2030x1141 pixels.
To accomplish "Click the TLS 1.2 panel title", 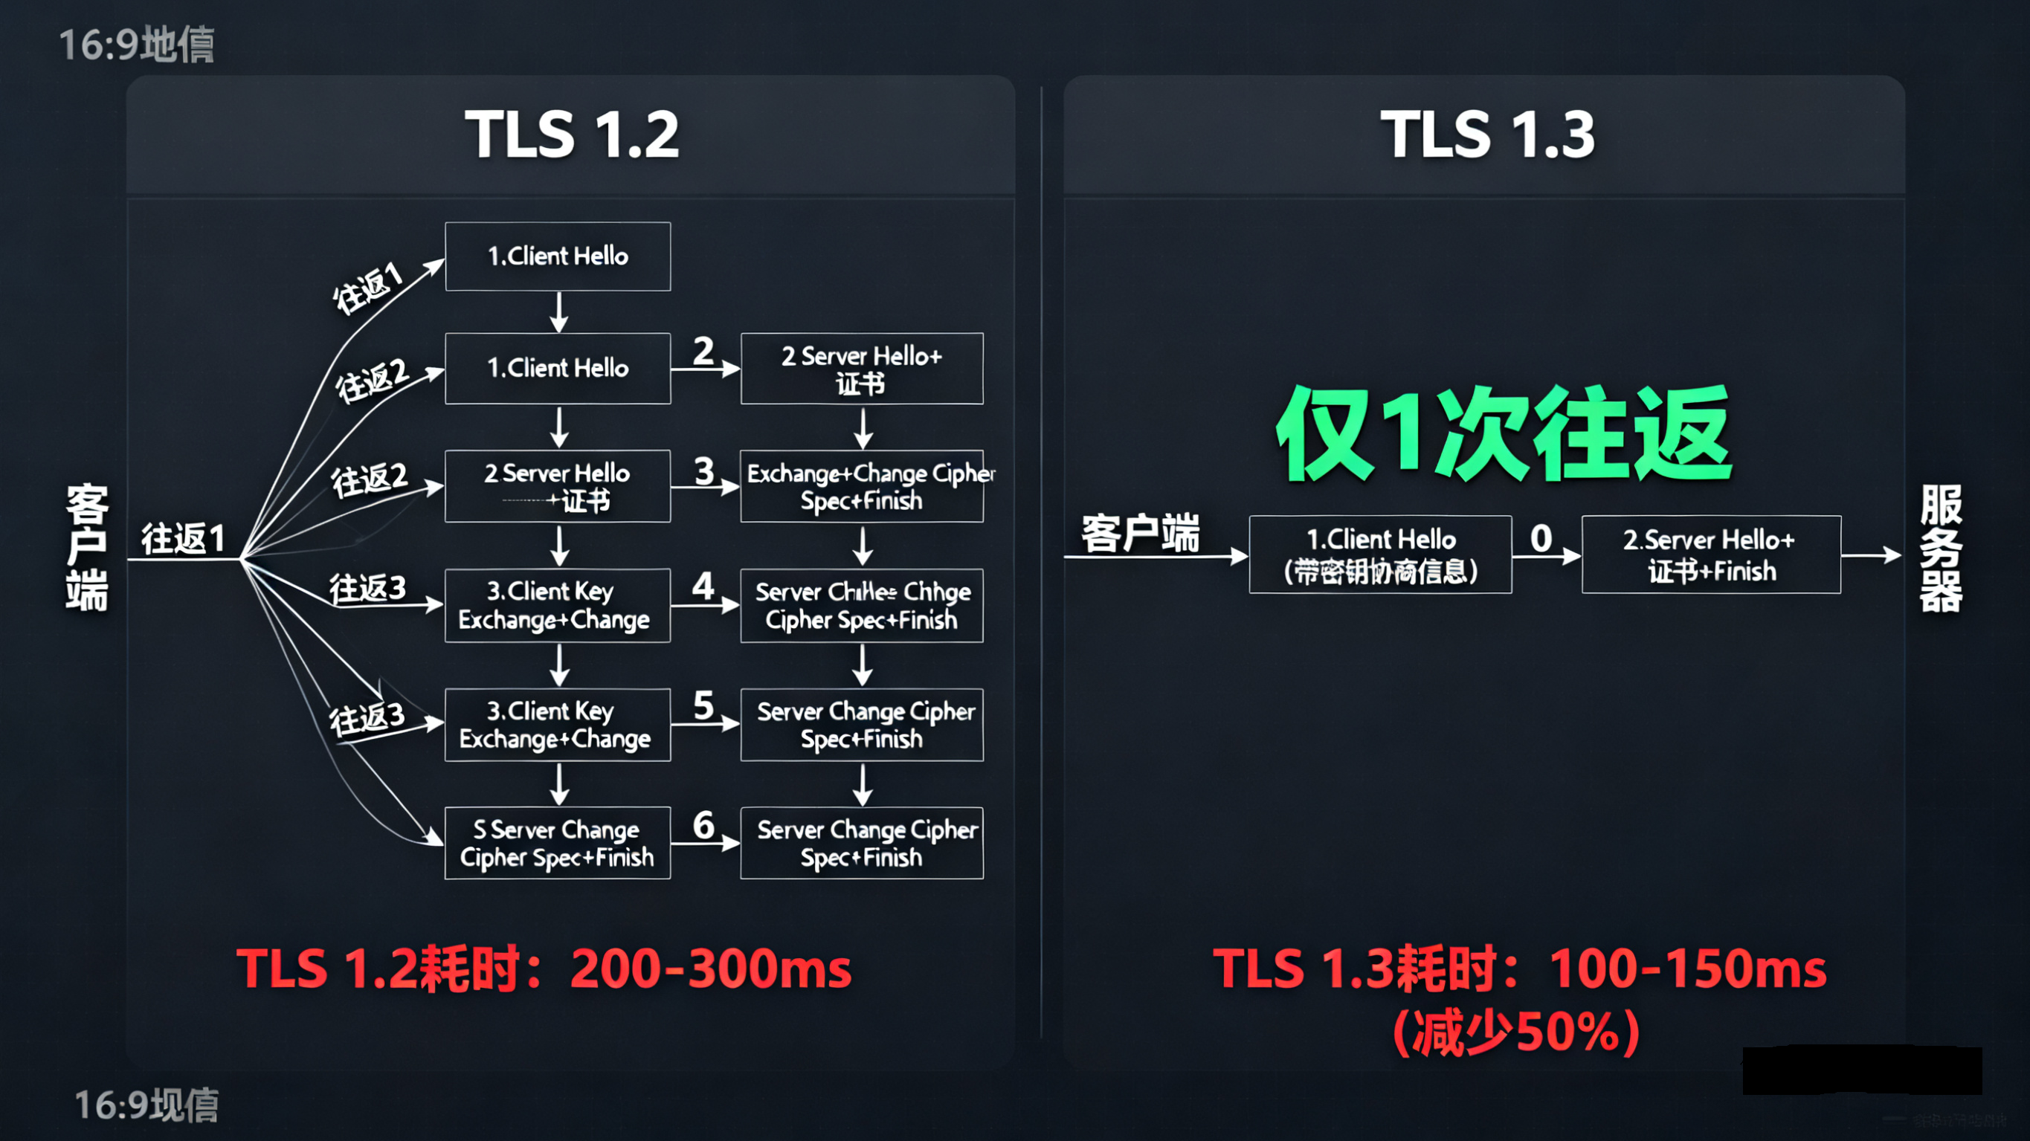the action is [571, 134].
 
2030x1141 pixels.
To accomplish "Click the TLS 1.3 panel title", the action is [1487, 134].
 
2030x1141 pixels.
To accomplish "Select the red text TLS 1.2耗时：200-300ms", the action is [544, 968].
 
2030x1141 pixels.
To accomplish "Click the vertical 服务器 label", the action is [1940, 549].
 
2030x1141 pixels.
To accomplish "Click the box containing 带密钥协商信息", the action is [1380, 555].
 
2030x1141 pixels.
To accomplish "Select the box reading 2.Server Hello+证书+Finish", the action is [1711, 555].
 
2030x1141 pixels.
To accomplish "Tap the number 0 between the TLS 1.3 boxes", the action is [1541, 539].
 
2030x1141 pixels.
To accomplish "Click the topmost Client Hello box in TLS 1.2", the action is [558, 256].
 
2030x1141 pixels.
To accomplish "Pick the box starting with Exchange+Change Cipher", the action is [862, 486].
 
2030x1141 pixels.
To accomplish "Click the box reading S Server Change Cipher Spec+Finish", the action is [558, 842].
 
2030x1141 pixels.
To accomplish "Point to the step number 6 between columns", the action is [703, 825].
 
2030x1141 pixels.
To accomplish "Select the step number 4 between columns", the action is [703, 586].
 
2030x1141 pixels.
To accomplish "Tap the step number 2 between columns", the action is [703, 351].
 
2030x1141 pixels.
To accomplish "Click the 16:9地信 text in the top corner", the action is [136, 44].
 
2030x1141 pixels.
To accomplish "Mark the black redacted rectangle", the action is [1861, 1070].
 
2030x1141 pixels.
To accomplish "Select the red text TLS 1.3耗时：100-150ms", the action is [1518, 968].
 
